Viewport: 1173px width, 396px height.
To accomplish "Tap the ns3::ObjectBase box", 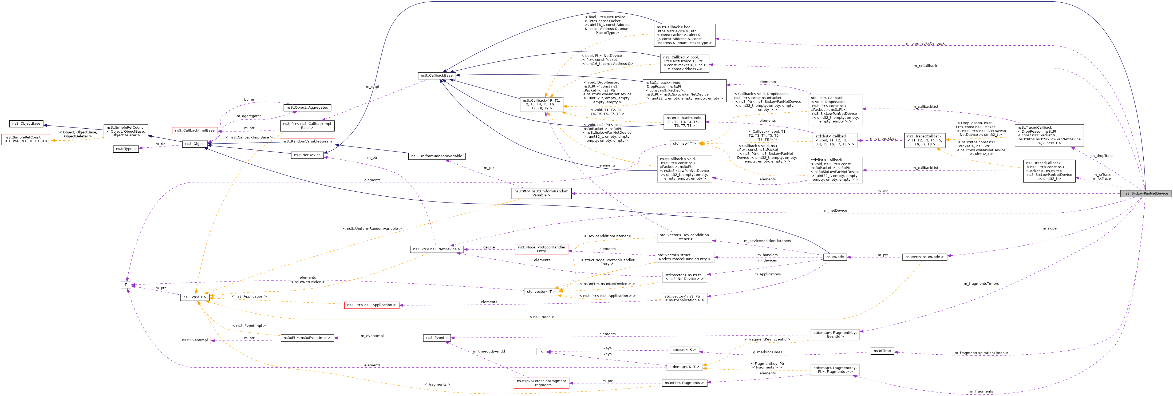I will [x=26, y=124].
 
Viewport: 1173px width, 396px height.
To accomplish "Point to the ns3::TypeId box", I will [x=126, y=149].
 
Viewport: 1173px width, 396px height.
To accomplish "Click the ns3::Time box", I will [x=882, y=351].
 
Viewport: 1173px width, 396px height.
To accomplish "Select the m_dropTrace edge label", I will [x=1102, y=156].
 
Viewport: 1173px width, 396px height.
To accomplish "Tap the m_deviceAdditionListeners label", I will [x=767, y=241].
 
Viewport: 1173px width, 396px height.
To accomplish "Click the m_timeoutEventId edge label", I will [x=489, y=351].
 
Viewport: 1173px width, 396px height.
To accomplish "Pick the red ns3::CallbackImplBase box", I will [x=195, y=131].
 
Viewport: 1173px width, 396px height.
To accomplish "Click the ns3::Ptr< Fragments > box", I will [x=684, y=383].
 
